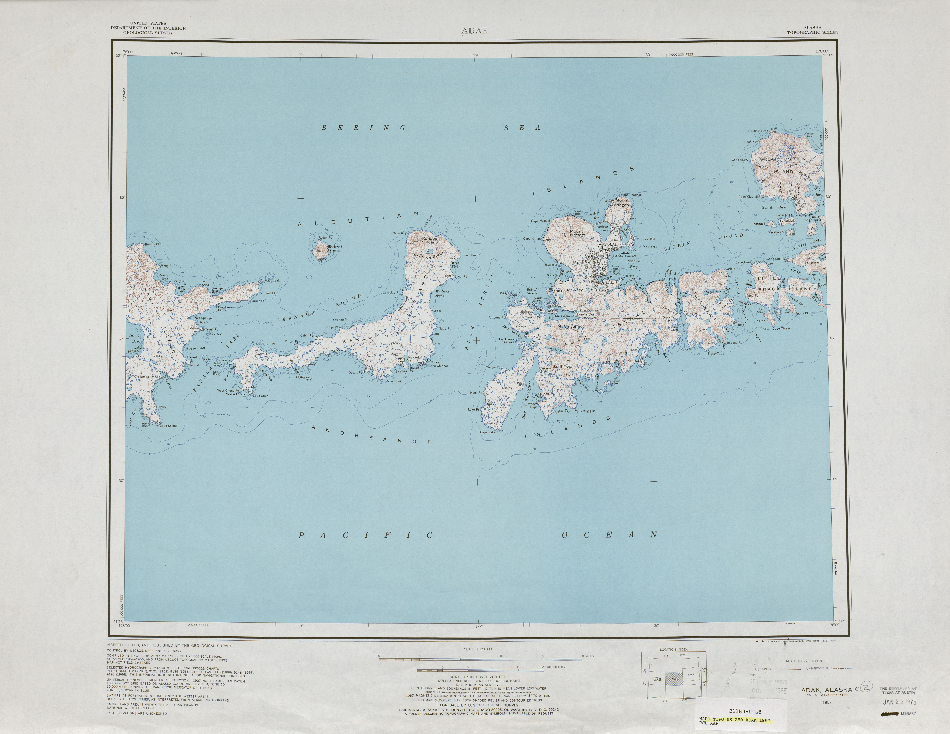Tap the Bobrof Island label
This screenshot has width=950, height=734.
pos(335,248)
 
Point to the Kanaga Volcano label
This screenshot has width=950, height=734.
pos(430,240)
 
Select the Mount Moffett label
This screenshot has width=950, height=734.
pos(577,233)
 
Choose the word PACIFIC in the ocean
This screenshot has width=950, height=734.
pos(365,536)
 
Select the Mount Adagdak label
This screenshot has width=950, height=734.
pos(622,202)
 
